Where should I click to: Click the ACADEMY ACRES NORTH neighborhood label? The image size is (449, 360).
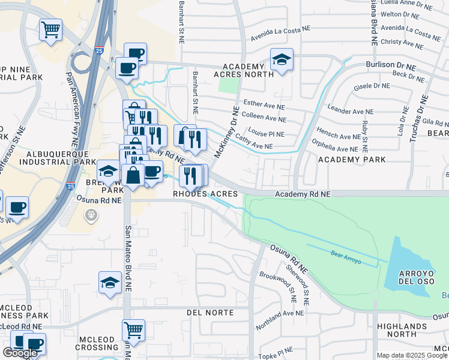243,70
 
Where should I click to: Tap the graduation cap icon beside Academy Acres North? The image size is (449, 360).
281,60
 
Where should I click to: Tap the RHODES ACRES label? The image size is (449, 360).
205,194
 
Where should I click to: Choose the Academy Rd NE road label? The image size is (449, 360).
303,194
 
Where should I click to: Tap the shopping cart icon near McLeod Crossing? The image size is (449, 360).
133,329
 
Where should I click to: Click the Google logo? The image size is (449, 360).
20,353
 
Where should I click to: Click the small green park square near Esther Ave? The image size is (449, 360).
228,85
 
